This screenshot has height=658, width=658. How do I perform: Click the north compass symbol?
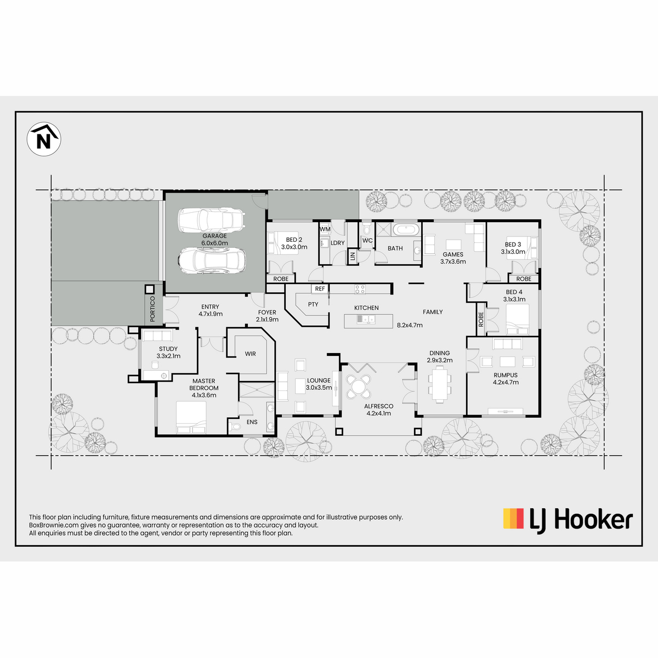pyautogui.click(x=44, y=139)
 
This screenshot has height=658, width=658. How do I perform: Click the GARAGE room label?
pyautogui.click(x=214, y=236)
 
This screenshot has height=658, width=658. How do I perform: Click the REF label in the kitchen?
pyautogui.click(x=320, y=289)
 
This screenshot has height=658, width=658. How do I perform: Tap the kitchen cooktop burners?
pyautogui.click(x=360, y=289)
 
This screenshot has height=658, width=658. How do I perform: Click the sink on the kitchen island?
pyautogui.click(x=366, y=319)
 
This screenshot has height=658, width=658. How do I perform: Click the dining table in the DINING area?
pyautogui.click(x=439, y=384)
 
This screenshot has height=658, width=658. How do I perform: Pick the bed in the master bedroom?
pyautogui.click(x=191, y=417)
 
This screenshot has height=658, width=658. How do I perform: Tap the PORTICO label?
pyautogui.click(x=152, y=309)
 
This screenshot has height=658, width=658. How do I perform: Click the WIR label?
pyautogui.click(x=250, y=354)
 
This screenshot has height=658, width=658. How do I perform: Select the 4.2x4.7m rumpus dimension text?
pyautogui.click(x=506, y=382)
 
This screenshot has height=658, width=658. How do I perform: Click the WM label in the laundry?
pyautogui.click(x=325, y=229)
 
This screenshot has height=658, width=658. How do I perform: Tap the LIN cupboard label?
pyautogui.click(x=353, y=256)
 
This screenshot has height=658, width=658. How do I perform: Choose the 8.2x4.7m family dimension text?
pyautogui.click(x=410, y=325)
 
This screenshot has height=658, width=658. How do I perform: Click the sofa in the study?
pyautogui.click(x=157, y=336)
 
